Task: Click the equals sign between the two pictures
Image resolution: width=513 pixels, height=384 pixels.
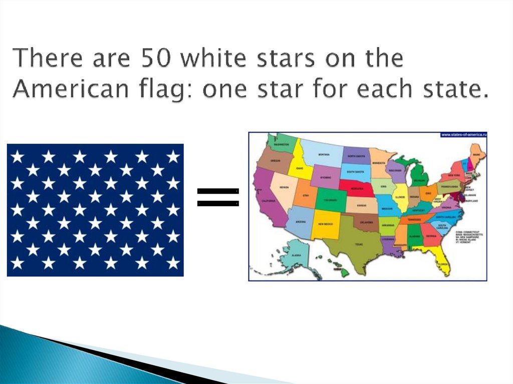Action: point(217,197)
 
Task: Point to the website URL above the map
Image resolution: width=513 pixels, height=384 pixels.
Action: point(463,135)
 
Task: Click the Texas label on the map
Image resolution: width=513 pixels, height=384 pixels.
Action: point(358,245)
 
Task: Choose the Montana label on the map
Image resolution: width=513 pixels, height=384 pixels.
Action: point(323,154)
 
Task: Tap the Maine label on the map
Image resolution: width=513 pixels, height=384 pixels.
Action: point(476,155)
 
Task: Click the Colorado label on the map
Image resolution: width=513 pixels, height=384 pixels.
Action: point(329,200)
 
